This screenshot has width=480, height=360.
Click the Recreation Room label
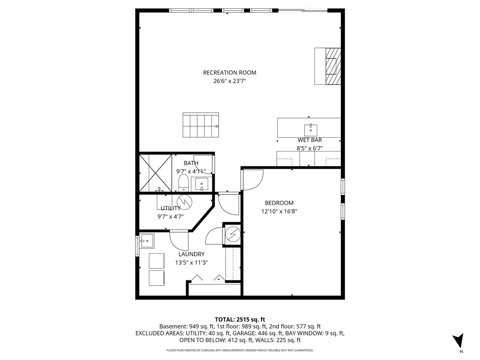point(230,72)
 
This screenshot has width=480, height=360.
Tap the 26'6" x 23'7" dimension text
point(230,81)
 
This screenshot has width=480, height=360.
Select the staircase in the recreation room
point(201,125)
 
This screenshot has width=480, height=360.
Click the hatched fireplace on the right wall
point(333,66)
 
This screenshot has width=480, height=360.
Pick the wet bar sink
point(311,130)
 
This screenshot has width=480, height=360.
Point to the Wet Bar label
point(310,140)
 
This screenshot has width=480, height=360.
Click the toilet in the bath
point(184,183)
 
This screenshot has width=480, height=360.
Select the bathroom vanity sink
point(202,184)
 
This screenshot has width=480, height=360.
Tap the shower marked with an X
point(156,173)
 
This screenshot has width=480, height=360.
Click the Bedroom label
point(279,203)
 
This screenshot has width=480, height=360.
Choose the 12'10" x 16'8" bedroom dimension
point(279,211)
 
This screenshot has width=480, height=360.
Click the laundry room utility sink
point(147,241)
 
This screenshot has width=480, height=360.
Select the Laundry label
point(192,254)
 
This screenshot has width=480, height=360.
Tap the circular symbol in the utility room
point(184,202)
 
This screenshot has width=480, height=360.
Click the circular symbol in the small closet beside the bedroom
point(233,234)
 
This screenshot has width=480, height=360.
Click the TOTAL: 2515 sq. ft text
point(240,319)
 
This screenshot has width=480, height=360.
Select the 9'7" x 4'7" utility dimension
point(170,217)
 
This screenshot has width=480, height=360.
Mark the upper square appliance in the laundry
point(156,261)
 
